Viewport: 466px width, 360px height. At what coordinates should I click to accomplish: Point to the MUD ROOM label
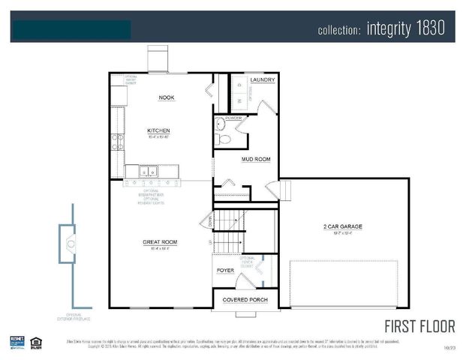pyautogui.click(x=255, y=159)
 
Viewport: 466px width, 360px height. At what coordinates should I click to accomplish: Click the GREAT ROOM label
pyautogui.click(x=160, y=242)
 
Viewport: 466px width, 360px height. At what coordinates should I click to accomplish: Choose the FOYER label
pyautogui.click(x=225, y=270)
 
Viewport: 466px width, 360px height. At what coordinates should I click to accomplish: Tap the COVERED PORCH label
pyautogui.click(x=245, y=300)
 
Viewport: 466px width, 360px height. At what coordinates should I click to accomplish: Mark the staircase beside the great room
pyautogui.click(x=229, y=232)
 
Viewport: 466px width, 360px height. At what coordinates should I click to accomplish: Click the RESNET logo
pyautogui.click(x=17, y=343)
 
